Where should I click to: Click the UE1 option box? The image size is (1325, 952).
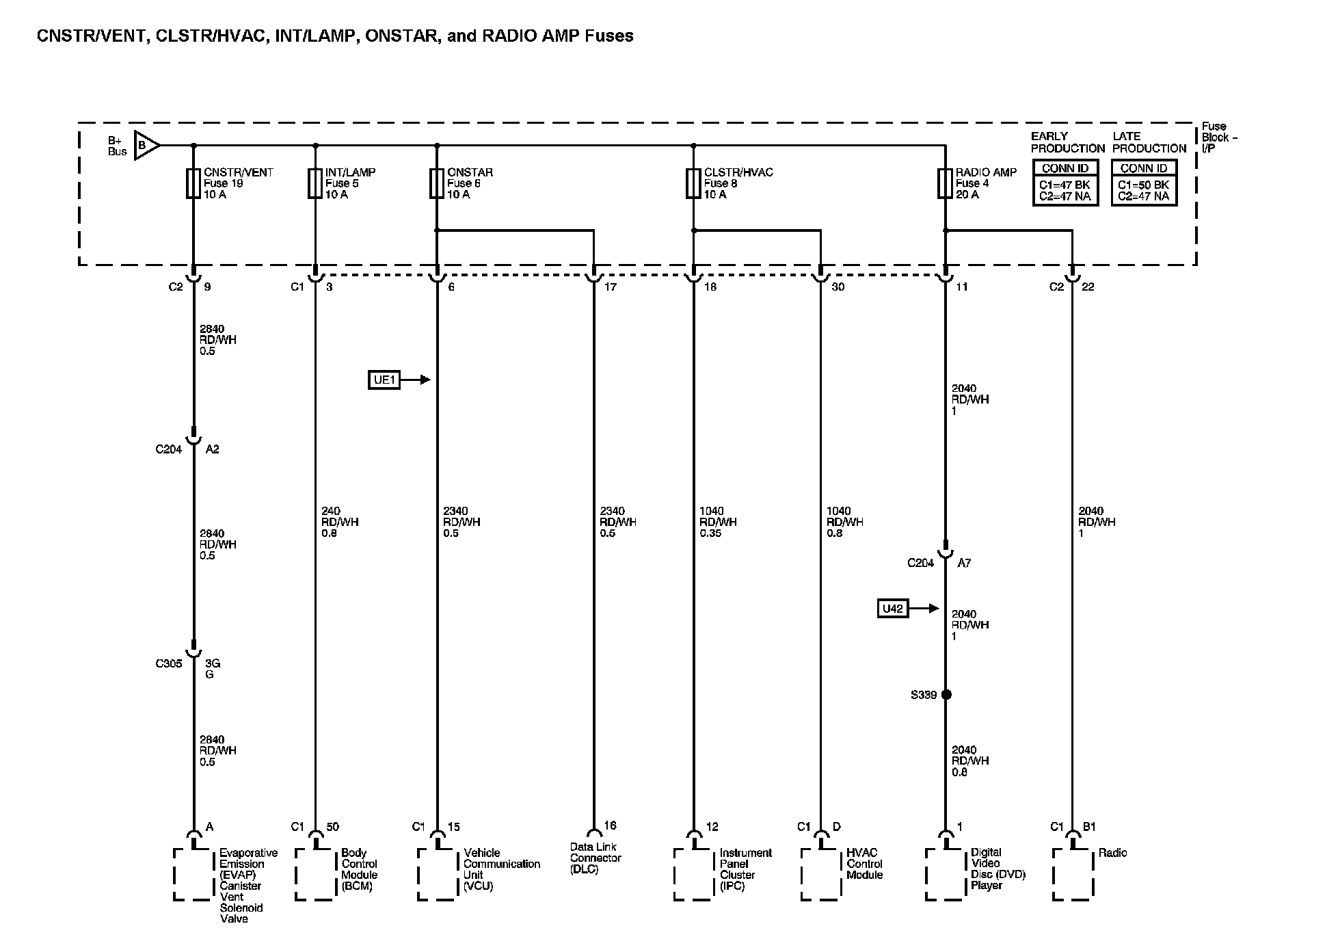[385, 380]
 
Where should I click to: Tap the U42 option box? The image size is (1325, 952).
[893, 609]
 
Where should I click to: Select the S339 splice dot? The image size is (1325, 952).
[946, 695]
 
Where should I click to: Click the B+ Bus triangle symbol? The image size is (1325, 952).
[146, 145]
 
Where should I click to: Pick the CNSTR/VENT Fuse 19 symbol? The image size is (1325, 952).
[193, 183]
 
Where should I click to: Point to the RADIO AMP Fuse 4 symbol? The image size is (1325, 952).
[945, 183]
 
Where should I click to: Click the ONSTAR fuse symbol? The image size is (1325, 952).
[437, 183]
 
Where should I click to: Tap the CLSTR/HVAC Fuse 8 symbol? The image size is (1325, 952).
[693, 183]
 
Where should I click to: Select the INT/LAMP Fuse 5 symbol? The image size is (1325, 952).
[315, 183]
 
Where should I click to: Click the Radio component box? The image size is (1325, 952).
[1073, 874]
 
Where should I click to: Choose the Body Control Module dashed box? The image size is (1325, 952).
[315, 874]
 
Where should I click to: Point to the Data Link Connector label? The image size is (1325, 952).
[595, 858]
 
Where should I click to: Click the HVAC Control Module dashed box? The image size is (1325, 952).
[820, 874]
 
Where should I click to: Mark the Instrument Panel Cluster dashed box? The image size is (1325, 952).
[693, 874]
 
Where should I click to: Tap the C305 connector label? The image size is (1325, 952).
[169, 663]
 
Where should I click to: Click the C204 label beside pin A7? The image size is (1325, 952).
[920, 563]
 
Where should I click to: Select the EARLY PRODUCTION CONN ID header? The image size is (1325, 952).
[1065, 168]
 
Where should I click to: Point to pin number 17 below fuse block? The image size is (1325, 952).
[610, 287]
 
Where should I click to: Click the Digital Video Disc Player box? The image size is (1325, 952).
[946, 874]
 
